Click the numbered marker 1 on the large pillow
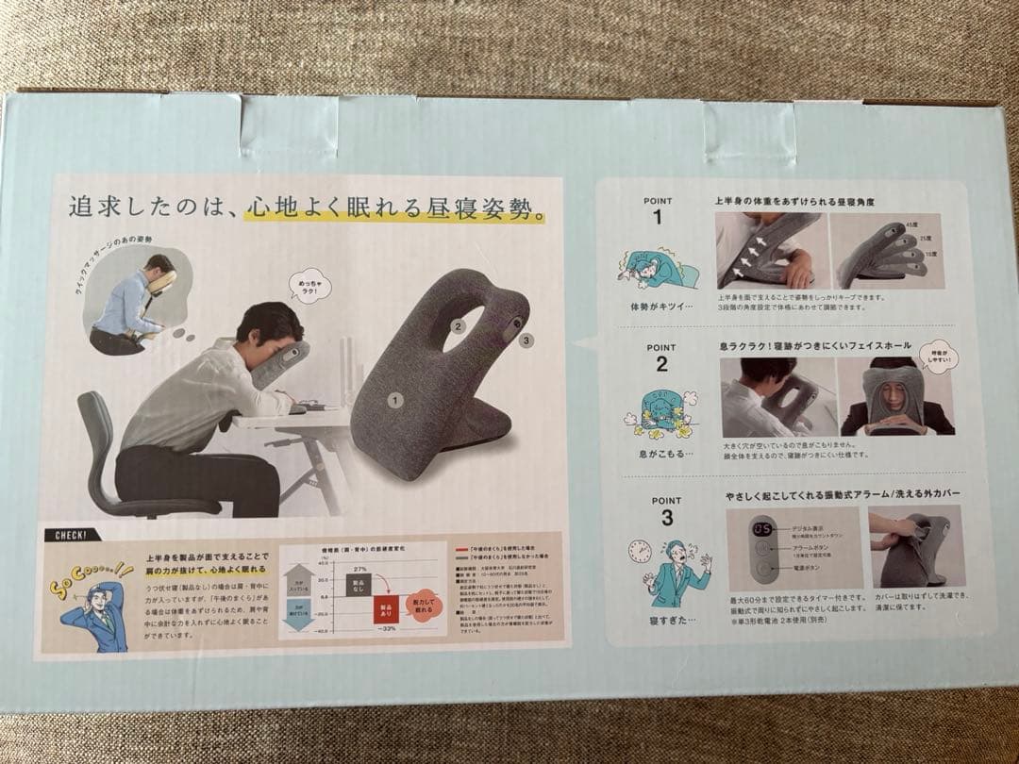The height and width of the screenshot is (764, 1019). click(394, 400)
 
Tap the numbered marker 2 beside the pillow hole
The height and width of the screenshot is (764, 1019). click(458, 327)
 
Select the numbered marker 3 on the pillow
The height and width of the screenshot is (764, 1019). click(525, 340)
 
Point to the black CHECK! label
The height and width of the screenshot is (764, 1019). click(72, 535)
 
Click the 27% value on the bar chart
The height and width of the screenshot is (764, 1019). click(359, 570)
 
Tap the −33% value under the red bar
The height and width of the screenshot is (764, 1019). click(386, 628)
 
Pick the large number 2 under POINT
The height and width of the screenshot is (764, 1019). click(662, 364)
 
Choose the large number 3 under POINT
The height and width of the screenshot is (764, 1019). click(666, 518)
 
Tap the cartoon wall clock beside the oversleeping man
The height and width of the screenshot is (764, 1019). click(640, 552)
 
